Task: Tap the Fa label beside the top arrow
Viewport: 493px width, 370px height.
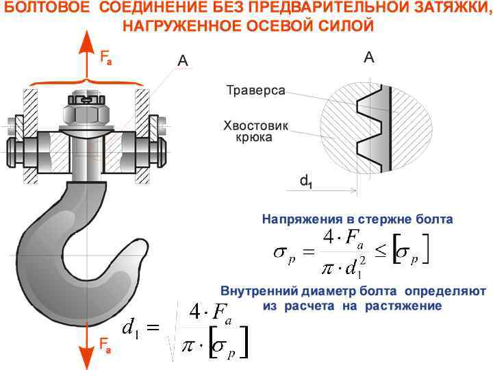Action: coord(105,59)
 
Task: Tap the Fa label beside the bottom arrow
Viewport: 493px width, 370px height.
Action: coord(106,348)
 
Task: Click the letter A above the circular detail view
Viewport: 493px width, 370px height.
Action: coord(368,58)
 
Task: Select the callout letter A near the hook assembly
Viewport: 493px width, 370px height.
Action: coord(183,61)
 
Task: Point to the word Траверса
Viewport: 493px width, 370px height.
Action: coord(255,91)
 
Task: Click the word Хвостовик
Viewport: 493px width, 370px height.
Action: coord(256,125)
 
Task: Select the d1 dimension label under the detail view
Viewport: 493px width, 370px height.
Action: coord(307,182)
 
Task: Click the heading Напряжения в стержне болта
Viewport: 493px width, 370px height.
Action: coord(357,220)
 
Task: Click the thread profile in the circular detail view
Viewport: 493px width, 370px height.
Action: coord(370,127)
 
